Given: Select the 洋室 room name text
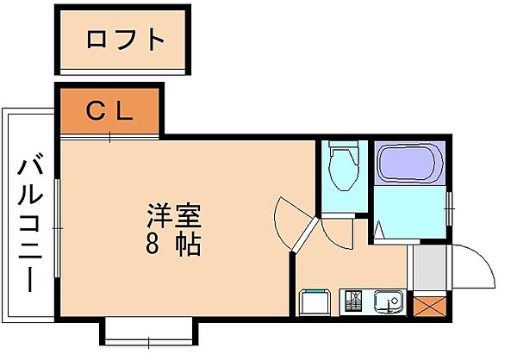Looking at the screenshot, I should point(173,213).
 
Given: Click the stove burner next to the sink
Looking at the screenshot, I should point(354,302).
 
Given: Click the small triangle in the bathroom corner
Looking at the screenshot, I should point(379,229).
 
